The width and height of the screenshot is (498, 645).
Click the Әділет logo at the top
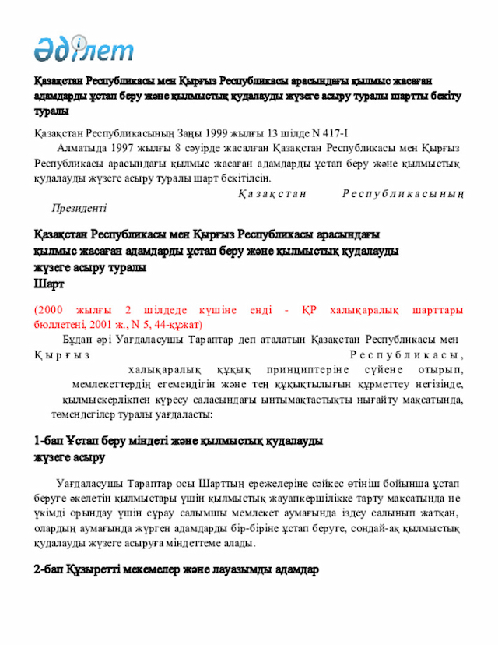[x=83, y=49]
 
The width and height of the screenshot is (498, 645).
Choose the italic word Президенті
[x=79, y=209]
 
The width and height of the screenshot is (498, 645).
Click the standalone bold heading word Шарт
[x=47, y=284]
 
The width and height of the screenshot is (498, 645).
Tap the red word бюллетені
[x=60, y=323]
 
